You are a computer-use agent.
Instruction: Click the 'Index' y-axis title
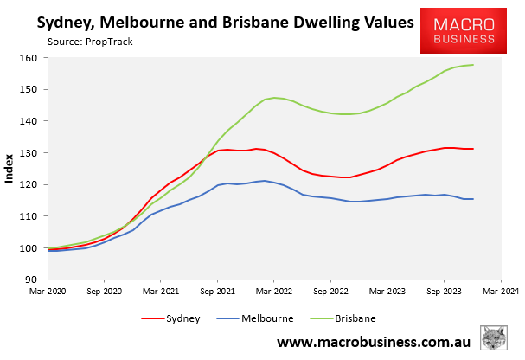[x=10, y=169]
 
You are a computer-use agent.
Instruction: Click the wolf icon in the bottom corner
[x=496, y=339]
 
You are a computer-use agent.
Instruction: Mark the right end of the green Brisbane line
[x=473, y=65]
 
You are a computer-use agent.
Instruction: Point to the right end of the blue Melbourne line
[x=473, y=199]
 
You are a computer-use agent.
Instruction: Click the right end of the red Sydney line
[x=473, y=149]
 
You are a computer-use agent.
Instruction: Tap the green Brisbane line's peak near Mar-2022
[x=274, y=98]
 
